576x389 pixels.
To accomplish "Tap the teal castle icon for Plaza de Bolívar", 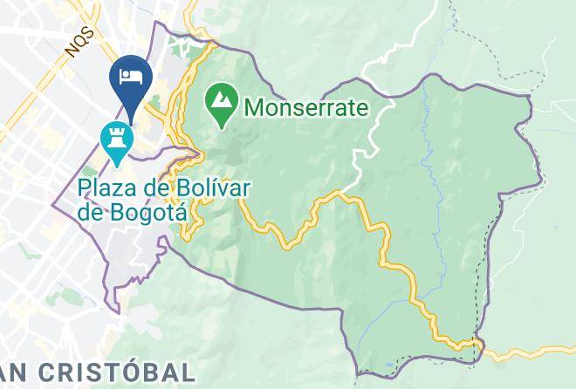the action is click(115, 139).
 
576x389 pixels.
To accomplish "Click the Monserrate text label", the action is click(306, 108).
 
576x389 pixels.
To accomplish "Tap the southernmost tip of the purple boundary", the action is click(357, 374).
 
